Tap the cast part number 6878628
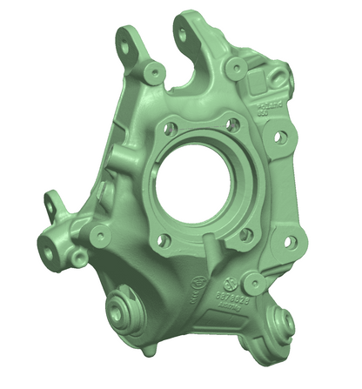tap(231, 297)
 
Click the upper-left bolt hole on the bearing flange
tap(171, 128)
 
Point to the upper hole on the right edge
tap(279, 137)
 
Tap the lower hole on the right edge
tap(290, 241)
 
